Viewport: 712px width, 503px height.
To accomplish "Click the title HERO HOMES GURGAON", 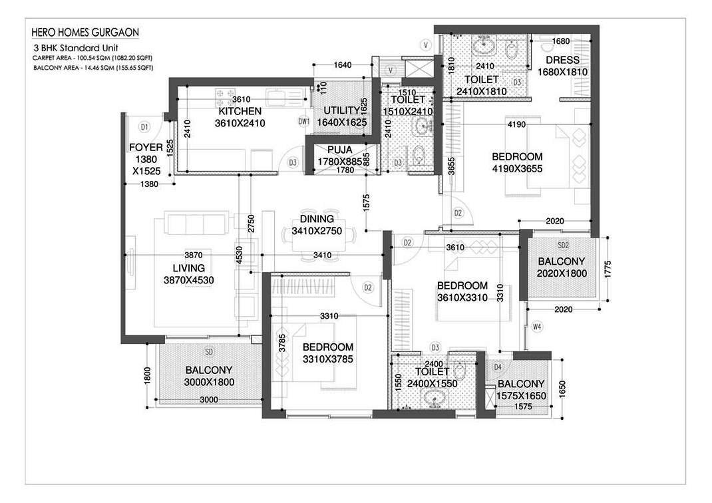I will (85, 33).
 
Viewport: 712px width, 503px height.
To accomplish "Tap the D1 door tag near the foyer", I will (144, 126).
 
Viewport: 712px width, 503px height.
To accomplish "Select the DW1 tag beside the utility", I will (304, 121).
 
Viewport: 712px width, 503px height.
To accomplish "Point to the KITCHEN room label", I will (240, 111).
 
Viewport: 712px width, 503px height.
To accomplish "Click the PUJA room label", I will (339, 150).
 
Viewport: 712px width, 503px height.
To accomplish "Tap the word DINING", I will (317, 219).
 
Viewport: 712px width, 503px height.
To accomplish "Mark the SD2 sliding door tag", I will (563, 246).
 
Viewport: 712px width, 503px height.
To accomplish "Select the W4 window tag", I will (538, 326).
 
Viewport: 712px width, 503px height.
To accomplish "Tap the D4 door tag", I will (498, 367).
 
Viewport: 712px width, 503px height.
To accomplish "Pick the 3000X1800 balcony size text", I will (209, 382).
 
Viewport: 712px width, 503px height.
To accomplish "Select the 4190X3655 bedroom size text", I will (517, 169).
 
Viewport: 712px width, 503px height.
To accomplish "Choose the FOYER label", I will (146, 147).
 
